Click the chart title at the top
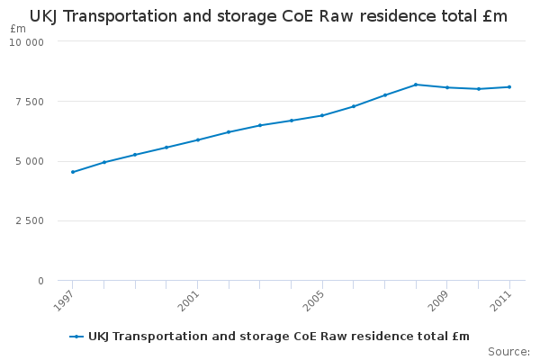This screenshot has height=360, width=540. [x=268, y=16]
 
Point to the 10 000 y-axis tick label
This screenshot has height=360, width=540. [x=26, y=42]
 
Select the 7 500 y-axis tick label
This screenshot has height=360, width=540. [x=30, y=102]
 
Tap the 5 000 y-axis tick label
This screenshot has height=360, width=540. [x=30, y=161]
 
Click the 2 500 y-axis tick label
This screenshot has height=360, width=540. [x=30, y=220]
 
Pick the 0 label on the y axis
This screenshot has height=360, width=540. [x=41, y=281]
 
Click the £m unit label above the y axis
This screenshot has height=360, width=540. [x=18, y=29]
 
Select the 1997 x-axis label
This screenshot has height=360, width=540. [x=64, y=301]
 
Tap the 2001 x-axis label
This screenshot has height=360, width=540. [x=189, y=301]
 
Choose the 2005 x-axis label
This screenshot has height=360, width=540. [x=313, y=301]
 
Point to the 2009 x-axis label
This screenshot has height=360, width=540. [x=438, y=301]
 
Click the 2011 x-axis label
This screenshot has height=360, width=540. [x=501, y=301]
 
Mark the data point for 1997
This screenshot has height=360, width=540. [x=73, y=172]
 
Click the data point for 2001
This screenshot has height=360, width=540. [x=198, y=139]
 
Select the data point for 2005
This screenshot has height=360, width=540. [x=322, y=115]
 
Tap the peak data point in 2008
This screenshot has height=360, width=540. [x=416, y=85]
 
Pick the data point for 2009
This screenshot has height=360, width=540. [x=447, y=87]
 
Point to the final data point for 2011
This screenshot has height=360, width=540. [x=509, y=87]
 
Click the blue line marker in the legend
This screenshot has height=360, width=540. [x=76, y=337]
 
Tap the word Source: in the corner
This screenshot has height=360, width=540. [x=508, y=352]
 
